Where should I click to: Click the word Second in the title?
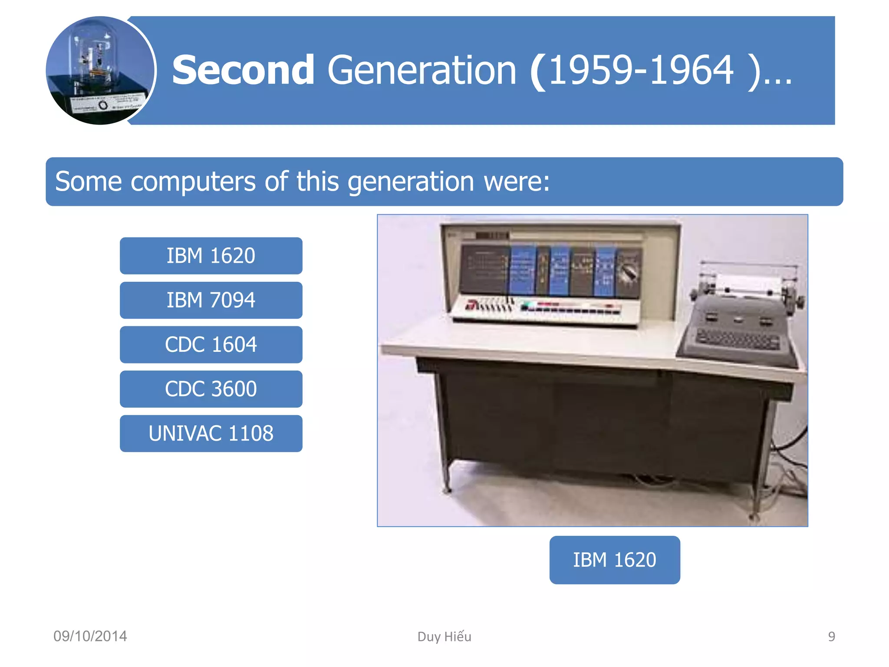[x=243, y=70]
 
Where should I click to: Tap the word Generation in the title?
[x=421, y=70]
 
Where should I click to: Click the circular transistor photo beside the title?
[x=100, y=71]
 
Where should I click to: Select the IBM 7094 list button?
[x=211, y=300]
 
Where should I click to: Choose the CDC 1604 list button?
[x=211, y=345]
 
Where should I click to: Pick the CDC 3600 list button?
[x=211, y=389]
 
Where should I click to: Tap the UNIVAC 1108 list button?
[x=211, y=433]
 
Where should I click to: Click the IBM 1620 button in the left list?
[x=211, y=256]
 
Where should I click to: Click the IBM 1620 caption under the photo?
[x=614, y=560]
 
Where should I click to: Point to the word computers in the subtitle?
[x=193, y=182]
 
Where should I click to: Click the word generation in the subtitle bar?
[x=410, y=182]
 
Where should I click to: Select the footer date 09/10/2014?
[x=90, y=636]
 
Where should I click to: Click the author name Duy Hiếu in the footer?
[x=444, y=637]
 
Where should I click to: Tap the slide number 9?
[x=831, y=637]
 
